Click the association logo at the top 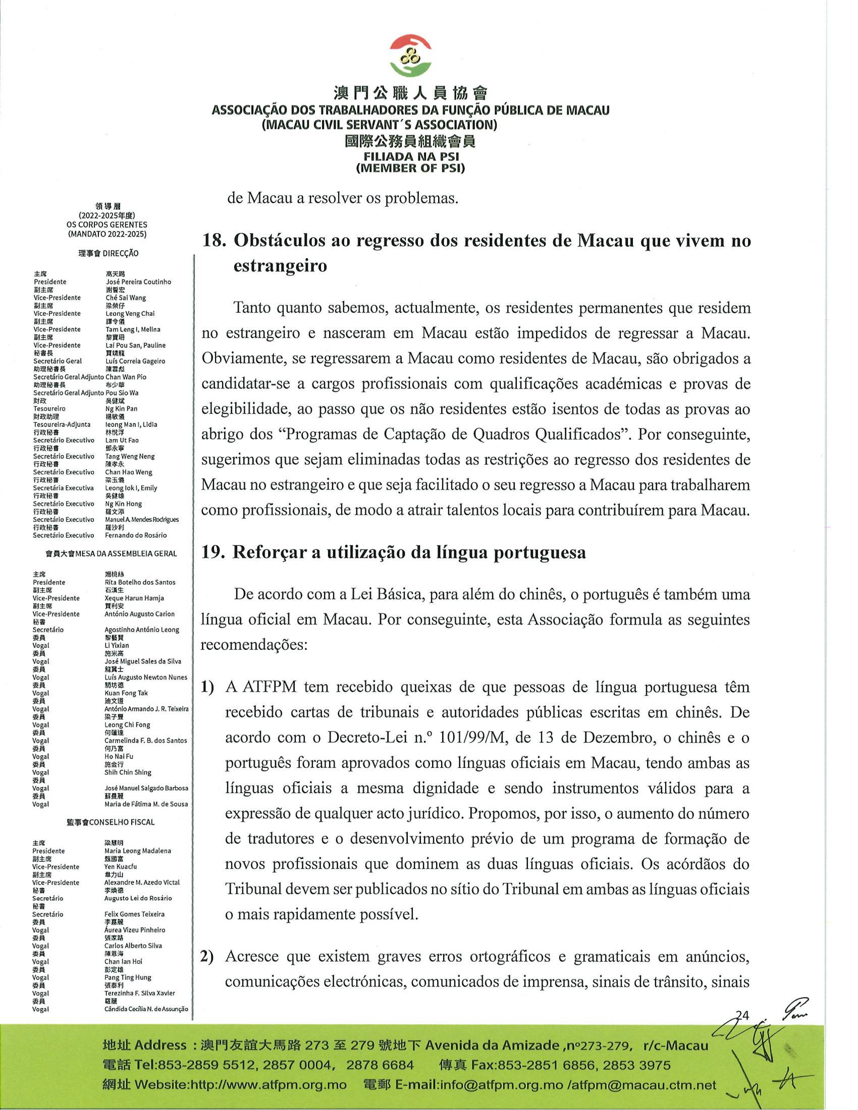(x=410, y=55)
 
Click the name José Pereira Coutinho (x=138, y=282)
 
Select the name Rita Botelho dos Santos (x=140, y=582)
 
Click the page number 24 (x=743, y=1015)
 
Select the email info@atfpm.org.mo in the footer (x=498, y=1086)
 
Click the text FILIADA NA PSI (x=410, y=157)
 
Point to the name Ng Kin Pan (x=121, y=409)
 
